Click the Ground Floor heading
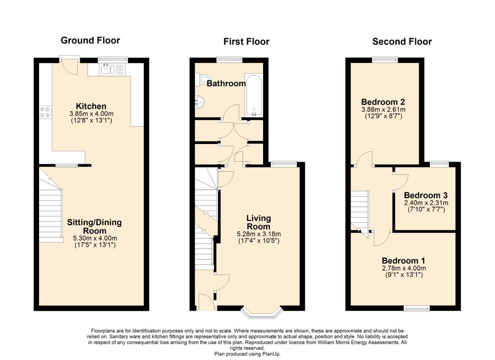pos(90,40)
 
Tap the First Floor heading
pos(246,42)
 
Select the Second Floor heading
pos(402,42)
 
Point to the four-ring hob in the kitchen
pos(46,112)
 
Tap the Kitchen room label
pos(91,106)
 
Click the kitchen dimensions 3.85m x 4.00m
pos(91,114)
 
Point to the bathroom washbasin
pos(200,102)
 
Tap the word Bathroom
pos(226,84)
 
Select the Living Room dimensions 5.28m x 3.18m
pos(259,234)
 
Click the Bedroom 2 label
pos(383,102)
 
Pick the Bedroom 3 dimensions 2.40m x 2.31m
pos(426,203)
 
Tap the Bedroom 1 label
pos(404,261)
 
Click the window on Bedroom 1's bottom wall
pos(417,309)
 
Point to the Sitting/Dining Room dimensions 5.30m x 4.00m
pos(95,238)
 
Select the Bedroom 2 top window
pos(385,59)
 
